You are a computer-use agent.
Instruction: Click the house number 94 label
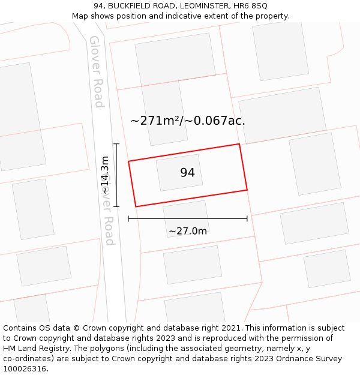pyautogui.click(x=187, y=173)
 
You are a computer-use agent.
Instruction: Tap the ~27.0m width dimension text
pyautogui.click(x=188, y=231)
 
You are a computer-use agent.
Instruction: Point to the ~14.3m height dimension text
pyautogui.click(x=105, y=175)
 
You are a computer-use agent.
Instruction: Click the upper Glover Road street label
pyautogui.click(x=96, y=71)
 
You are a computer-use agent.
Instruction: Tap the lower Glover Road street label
pyautogui.click(x=108, y=210)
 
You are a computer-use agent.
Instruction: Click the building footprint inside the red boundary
pyautogui.click(x=179, y=172)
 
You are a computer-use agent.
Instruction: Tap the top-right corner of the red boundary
pyautogui.click(x=239, y=144)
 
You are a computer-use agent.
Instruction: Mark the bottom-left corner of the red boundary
pyautogui.click(x=136, y=206)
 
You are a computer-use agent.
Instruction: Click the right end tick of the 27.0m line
pyautogui.click(x=247, y=219)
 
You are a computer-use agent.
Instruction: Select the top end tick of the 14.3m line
pyautogui.click(x=116, y=144)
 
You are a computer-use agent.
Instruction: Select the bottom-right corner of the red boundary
pyautogui.click(x=247, y=190)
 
